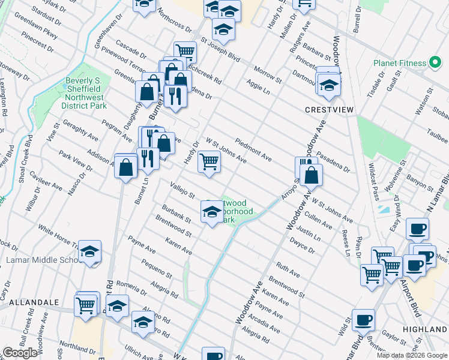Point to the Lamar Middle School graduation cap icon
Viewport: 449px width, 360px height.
tap(89, 253)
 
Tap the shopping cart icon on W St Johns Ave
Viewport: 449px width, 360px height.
tap(208, 161)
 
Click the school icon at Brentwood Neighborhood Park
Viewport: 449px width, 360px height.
tap(212, 212)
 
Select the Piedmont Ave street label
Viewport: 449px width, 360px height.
tap(253, 150)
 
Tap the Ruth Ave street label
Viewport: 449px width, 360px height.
tap(288, 269)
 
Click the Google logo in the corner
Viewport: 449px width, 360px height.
tap(20, 353)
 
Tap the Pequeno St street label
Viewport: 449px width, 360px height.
tap(157, 268)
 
